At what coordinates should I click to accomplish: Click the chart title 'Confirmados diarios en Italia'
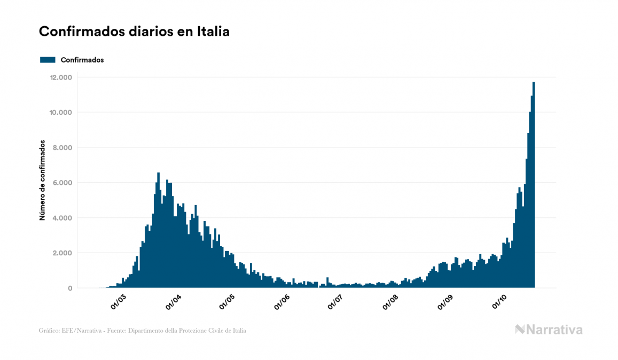coord(134,32)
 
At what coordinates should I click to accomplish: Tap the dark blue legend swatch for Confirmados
coord(48,60)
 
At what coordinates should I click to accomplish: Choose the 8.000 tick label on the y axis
coord(61,147)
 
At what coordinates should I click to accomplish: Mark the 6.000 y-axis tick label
coord(61,183)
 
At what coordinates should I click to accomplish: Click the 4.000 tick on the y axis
coord(61,218)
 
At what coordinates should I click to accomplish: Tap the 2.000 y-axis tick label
coord(61,253)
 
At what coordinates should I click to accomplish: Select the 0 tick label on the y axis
coord(70,288)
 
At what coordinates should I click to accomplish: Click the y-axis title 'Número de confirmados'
coord(42,181)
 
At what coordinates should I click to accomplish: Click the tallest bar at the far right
coord(534,187)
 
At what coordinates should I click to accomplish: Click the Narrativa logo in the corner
coord(549,330)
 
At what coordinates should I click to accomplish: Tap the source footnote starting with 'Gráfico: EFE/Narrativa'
coord(143,331)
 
